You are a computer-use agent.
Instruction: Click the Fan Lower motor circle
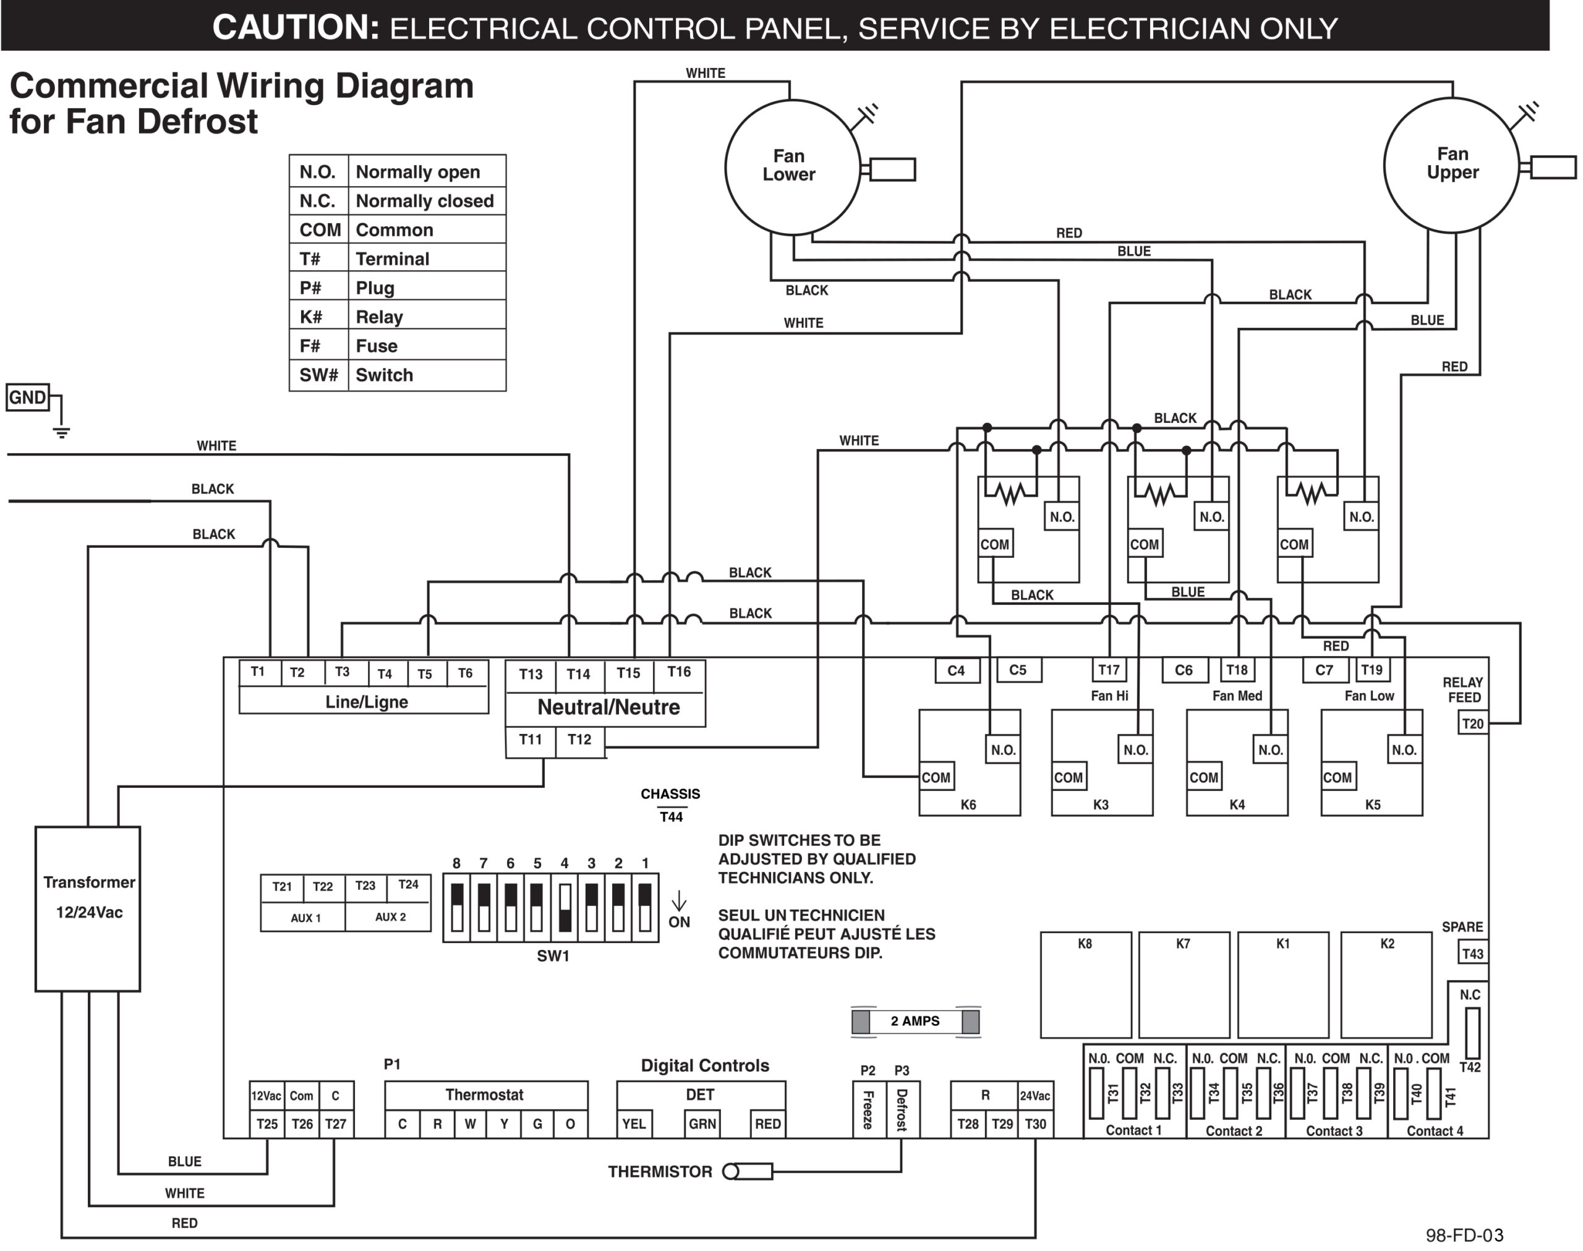[x=791, y=167]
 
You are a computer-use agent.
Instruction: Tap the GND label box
[x=27, y=398]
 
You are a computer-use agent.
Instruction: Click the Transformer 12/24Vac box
[x=88, y=908]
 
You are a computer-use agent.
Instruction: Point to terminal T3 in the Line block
[x=342, y=672]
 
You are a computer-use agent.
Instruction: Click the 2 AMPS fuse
[x=915, y=1021]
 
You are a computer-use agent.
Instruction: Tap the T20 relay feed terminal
[x=1472, y=724]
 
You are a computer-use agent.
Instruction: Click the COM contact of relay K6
[x=936, y=778]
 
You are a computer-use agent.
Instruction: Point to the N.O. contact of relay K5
[x=1404, y=750]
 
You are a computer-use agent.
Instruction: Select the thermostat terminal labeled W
[x=470, y=1124]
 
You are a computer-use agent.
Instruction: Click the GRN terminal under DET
[x=701, y=1124]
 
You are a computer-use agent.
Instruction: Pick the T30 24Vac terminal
[x=1035, y=1124]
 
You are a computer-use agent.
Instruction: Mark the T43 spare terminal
[x=1472, y=954]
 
